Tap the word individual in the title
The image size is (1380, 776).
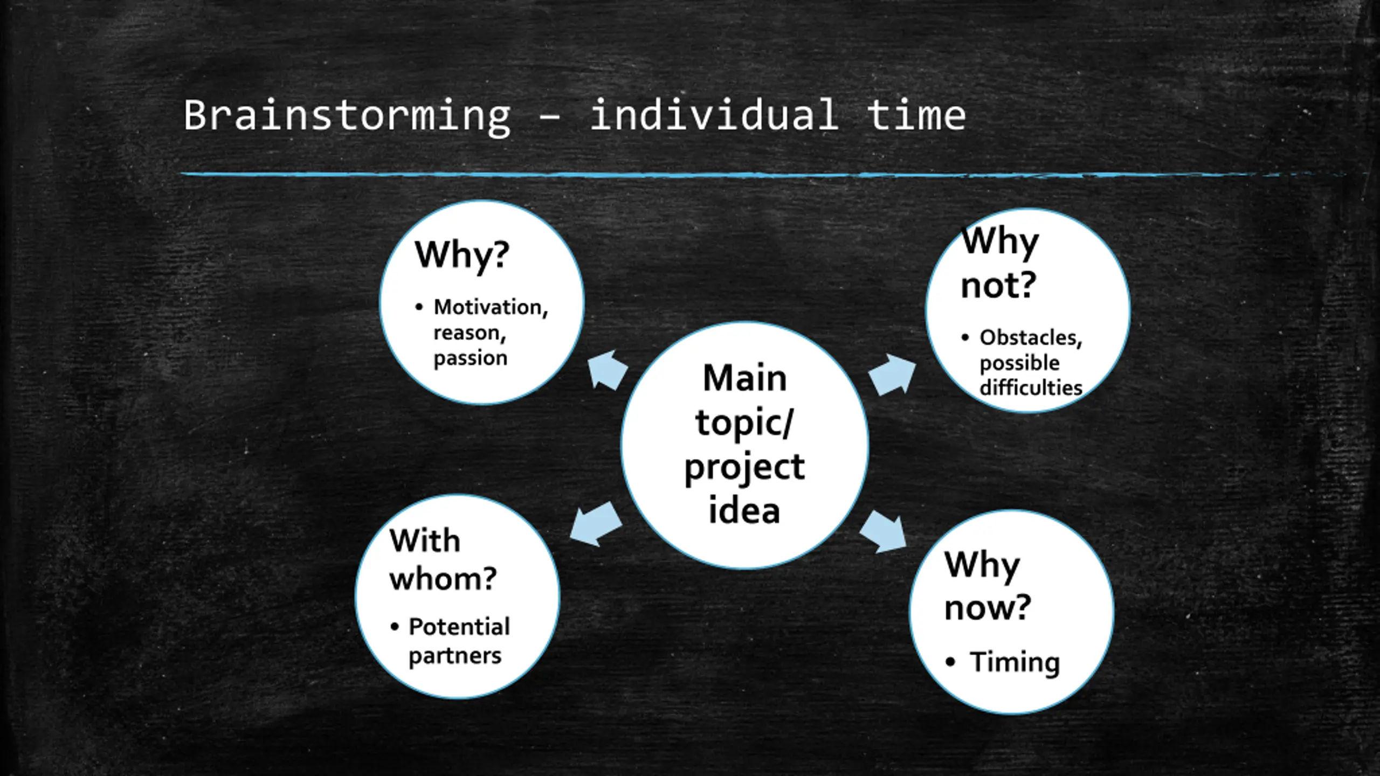coord(714,115)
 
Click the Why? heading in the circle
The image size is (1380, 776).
coord(462,255)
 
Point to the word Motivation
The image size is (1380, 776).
coord(490,307)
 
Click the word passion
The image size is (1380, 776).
coord(471,358)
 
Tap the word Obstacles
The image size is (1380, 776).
coord(1031,338)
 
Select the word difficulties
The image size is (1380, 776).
coord(1031,388)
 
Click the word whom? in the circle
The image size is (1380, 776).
coord(443,579)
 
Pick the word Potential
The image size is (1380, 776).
coord(459,627)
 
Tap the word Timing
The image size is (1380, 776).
coord(1015,662)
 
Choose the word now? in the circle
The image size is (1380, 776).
coord(988,608)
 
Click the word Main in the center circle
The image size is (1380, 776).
coord(744,378)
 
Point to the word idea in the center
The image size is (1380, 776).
coord(744,511)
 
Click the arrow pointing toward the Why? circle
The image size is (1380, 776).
coord(606,370)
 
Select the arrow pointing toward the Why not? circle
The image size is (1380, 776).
coord(893,375)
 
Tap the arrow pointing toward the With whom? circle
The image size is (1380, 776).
coord(595,524)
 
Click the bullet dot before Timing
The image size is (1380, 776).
coord(950,662)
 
